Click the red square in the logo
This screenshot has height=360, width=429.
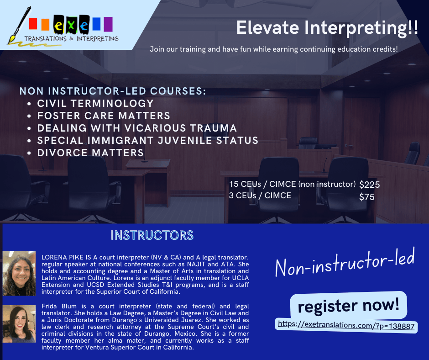33,24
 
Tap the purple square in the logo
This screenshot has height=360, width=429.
108,24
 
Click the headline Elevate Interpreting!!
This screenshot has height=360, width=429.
327,28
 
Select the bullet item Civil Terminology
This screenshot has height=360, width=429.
95,103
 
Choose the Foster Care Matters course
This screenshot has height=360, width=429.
104,116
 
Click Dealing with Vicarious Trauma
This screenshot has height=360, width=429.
137,128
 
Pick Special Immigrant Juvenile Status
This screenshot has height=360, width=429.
148,140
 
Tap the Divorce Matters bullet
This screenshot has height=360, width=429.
90,153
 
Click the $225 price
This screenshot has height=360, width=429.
369,185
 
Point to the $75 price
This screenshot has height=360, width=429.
366,197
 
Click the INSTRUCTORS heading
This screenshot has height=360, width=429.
152,235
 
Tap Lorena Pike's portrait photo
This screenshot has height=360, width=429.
19,273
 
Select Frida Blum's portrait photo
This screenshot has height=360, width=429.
19,324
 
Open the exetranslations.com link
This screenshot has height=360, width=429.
346,325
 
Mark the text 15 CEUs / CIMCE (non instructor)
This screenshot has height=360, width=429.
293,184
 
